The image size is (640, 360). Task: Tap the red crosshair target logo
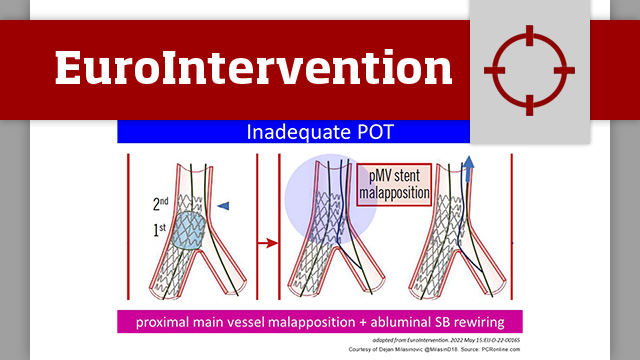(x=529, y=68)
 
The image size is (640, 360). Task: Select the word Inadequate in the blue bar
(x=269, y=131)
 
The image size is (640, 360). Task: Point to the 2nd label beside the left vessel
(x=160, y=204)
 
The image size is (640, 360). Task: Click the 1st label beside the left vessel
(x=161, y=229)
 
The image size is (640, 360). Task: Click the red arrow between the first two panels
(x=268, y=241)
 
